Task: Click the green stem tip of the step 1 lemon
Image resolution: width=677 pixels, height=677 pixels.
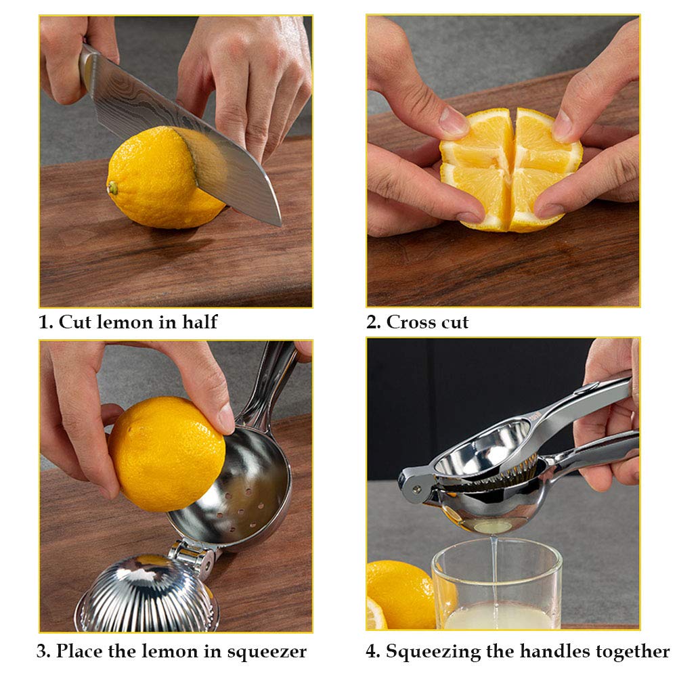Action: pos(112,188)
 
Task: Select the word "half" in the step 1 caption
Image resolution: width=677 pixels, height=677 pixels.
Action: pos(199,322)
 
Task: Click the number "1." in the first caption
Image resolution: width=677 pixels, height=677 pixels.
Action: pos(46,322)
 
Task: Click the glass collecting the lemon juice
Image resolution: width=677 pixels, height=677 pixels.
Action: pos(497,589)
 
